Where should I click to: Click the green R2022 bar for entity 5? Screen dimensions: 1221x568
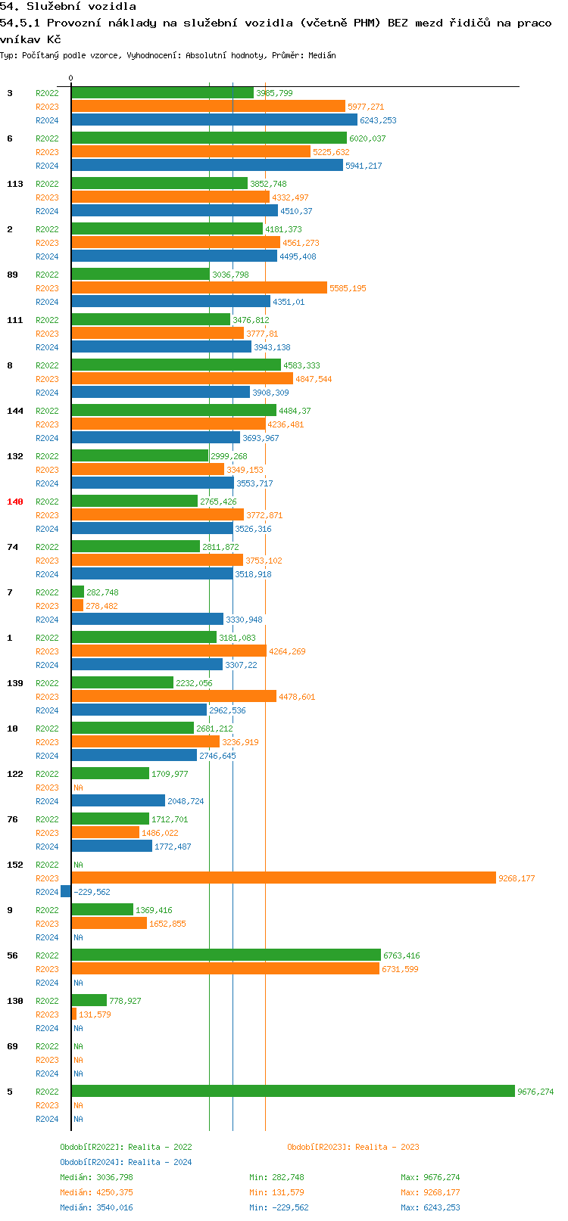[x=293, y=1091]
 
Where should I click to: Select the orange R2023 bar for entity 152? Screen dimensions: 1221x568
[x=284, y=878]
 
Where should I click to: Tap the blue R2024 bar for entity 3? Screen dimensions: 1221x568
[x=214, y=120]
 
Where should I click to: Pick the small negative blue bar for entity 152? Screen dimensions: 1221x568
[x=66, y=891]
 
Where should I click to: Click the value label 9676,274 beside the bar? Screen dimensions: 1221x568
[x=535, y=1092]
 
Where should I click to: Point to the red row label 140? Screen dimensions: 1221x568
[x=15, y=502]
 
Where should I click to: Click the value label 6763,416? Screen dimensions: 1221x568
[x=401, y=955]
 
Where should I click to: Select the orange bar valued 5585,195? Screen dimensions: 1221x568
[x=199, y=287]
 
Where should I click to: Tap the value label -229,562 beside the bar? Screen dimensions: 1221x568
[x=92, y=892]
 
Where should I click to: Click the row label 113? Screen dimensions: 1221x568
[x=15, y=184]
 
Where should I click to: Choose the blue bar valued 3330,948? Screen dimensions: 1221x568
[x=148, y=619]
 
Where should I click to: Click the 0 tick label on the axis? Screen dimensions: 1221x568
[x=71, y=78]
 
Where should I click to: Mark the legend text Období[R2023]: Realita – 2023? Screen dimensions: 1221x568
[x=353, y=1147]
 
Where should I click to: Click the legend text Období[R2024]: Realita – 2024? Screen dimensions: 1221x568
[x=126, y=1162]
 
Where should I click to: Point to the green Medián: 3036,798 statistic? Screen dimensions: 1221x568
[x=96, y=1177]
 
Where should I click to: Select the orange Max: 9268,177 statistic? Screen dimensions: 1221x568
[x=430, y=1192]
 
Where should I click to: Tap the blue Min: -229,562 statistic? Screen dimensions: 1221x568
[x=279, y=1207]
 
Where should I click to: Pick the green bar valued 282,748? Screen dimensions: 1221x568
[x=78, y=592]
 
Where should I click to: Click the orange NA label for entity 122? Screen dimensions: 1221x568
[x=78, y=788]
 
